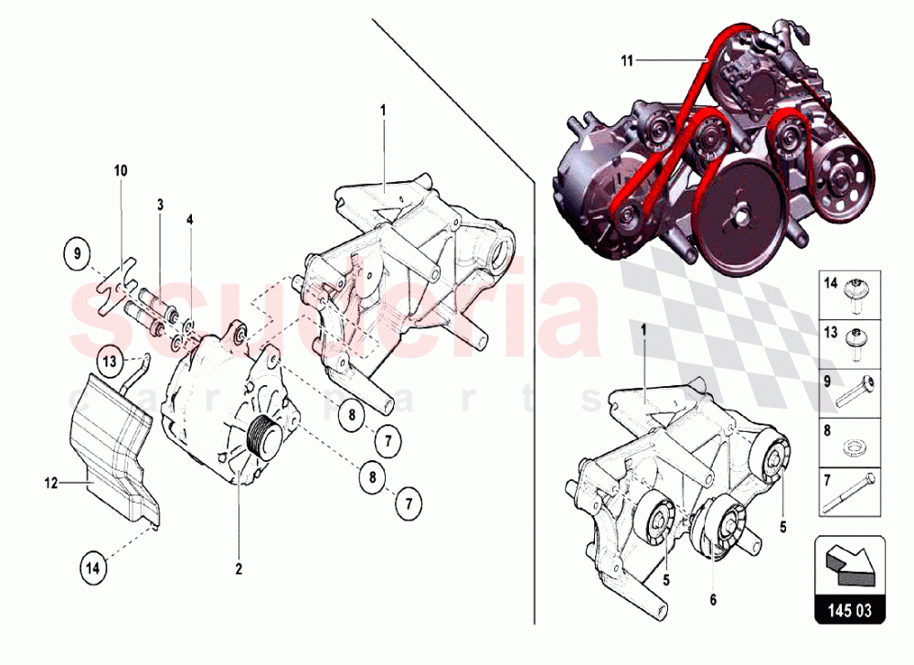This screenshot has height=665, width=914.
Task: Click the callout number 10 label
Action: point(122,170)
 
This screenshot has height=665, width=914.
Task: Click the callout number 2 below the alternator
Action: point(239,569)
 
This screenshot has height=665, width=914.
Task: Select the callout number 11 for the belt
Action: point(626,60)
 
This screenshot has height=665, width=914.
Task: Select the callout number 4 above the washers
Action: point(190,220)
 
